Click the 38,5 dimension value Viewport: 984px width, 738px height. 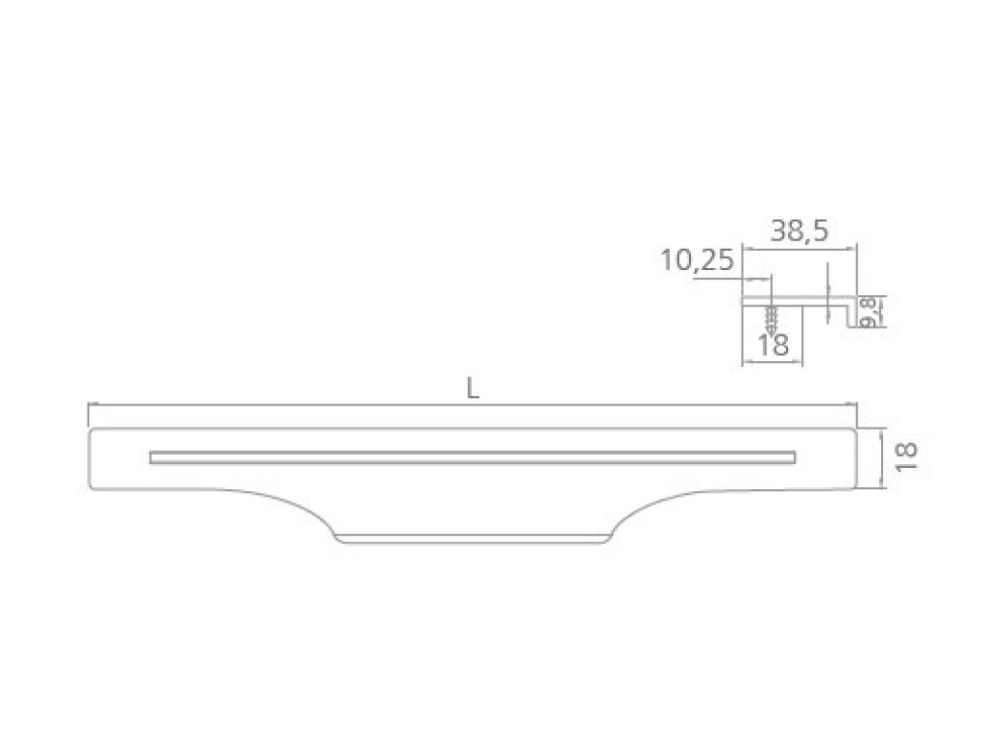[x=799, y=231]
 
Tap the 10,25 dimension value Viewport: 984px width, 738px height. [x=697, y=259]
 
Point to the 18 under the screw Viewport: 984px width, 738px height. [x=774, y=345]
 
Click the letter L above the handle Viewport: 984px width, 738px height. [x=473, y=389]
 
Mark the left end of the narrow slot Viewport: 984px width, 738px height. [x=151, y=457]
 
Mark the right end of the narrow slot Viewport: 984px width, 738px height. [x=795, y=457]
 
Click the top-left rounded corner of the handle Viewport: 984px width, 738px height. [x=92, y=432]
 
